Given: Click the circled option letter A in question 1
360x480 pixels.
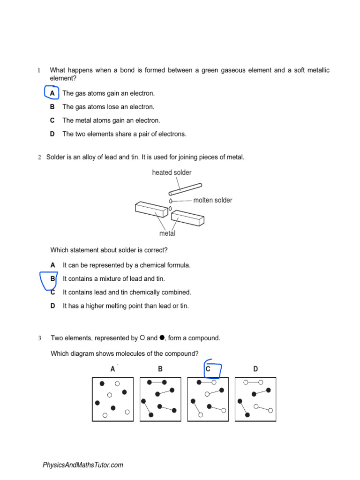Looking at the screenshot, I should (52, 93).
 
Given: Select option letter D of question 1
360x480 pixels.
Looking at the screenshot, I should (52, 134).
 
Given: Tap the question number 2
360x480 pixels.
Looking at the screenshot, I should (40, 157).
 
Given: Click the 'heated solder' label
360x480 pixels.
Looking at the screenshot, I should (172, 172).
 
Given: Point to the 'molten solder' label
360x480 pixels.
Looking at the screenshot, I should (212, 200).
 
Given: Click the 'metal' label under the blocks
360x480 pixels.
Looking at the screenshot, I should (167, 233).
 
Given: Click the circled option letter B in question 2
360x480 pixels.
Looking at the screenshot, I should (53, 279).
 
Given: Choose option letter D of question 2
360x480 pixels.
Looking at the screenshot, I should (53, 306).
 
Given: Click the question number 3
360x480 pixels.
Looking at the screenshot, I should (40, 338).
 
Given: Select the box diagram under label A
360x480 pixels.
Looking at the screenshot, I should (112, 399).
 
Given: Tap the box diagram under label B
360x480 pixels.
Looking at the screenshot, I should (160, 399).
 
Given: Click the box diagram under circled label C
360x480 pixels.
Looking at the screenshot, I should (208, 399).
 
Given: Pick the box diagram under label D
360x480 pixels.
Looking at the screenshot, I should (255, 399).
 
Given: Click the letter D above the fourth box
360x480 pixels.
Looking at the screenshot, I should (255, 369).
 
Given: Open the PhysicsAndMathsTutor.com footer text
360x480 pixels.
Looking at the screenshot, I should (83, 465).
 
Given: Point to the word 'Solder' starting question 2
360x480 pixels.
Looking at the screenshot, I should (56, 157).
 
